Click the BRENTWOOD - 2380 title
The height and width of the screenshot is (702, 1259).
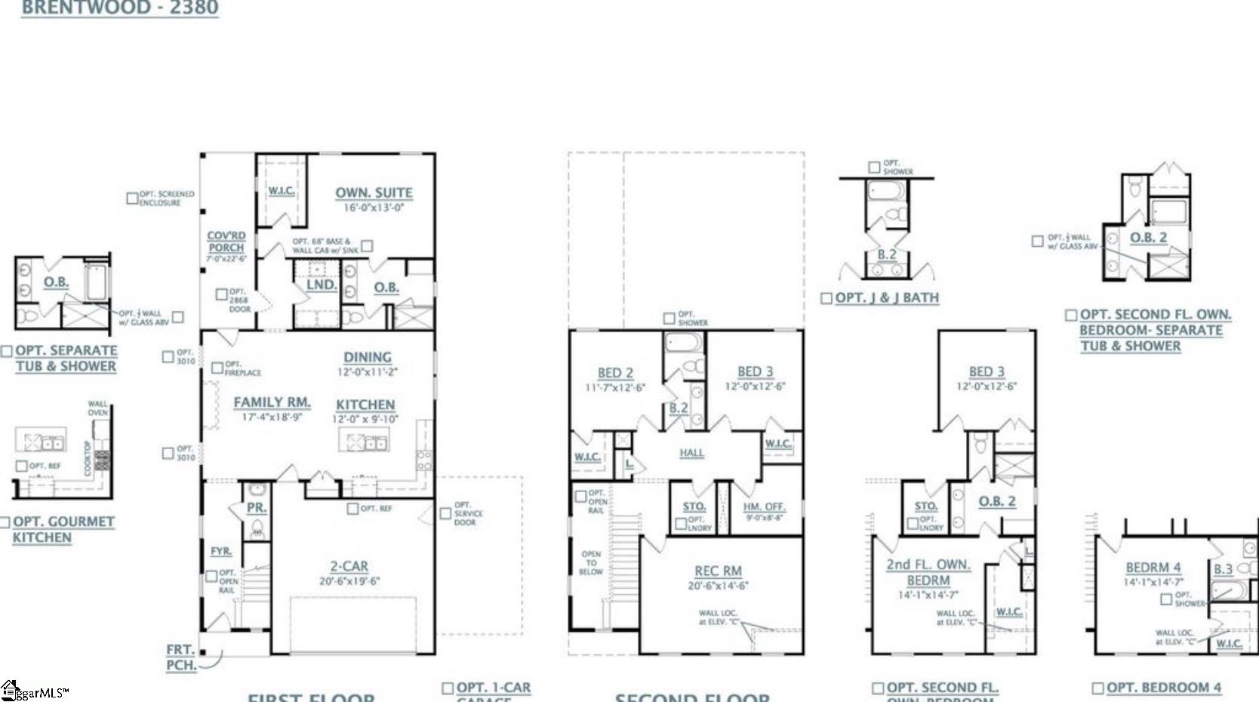119,8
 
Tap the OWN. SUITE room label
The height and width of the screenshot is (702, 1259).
374,192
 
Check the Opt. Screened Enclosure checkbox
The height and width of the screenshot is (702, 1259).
132,198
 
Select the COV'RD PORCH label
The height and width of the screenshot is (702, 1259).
226,242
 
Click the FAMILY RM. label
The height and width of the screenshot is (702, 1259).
272,402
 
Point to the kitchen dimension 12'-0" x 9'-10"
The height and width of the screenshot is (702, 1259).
365,419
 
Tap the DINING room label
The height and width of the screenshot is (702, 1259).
367,357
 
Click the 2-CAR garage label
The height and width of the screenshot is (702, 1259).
349,566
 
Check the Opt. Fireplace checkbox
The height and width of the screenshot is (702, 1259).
217,368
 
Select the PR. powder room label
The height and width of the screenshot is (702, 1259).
257,508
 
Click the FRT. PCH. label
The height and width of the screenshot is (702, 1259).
181,657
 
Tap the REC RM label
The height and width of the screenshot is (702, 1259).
718,571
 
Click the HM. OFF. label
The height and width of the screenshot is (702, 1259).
764,506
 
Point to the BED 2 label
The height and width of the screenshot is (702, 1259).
615,373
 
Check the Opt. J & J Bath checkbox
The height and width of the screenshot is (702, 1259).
827,298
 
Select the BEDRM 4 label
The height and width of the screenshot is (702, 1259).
1153,568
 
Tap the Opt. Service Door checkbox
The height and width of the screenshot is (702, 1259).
445,513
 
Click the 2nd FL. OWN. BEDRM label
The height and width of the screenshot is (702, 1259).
928,572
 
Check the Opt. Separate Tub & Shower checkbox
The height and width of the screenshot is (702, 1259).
7,351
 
